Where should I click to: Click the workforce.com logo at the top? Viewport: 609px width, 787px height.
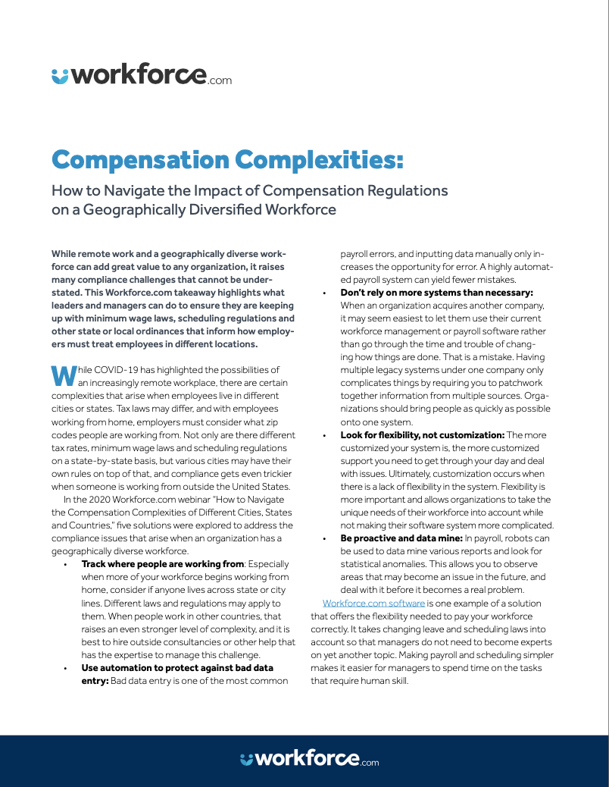(x=142, y=75)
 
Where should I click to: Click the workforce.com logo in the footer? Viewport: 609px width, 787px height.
(x=309, y=759)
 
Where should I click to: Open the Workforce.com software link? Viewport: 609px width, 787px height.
(x=373, y=603)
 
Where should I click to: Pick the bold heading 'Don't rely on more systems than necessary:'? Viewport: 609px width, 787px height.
(x=438, y=292)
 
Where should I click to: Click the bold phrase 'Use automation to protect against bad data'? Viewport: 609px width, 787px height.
(x=177, y=668)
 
